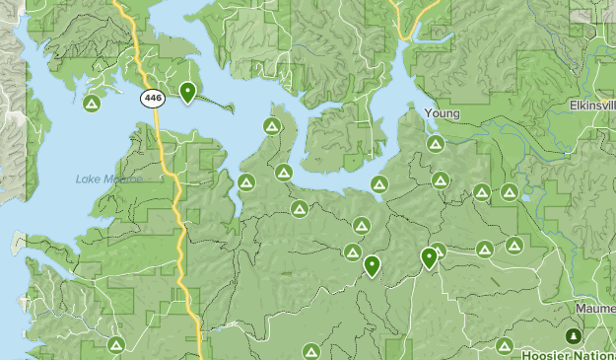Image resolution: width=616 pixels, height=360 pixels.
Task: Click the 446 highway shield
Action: (x=152, y=98)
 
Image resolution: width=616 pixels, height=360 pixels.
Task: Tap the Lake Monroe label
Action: (x=108, y=180)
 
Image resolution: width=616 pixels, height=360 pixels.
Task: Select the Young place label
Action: (x=442, y=113)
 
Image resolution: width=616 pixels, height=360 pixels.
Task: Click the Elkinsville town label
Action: (x=591, y=106)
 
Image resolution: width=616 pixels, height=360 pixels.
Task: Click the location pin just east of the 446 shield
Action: (x=187, y=93)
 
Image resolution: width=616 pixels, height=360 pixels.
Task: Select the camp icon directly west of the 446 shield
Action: (x=92, y=104)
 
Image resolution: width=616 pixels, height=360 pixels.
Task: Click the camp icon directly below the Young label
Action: (x=436, y=144)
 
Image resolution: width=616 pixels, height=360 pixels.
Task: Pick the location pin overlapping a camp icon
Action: (x=429, y=257)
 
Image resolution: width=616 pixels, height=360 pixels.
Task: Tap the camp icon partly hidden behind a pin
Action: (x=440, y=251)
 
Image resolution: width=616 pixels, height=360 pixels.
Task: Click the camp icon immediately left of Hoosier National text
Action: (x=505, y=346)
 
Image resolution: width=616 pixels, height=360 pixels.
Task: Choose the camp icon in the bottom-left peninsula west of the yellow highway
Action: (x=116, y=344)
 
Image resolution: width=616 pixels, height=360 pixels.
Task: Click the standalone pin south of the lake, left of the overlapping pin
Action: (x=372, y=265)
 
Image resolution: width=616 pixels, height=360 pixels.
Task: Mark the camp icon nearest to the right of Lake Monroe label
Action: (x=245, y=182)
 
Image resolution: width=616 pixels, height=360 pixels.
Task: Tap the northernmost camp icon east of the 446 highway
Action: (x=271, y=126)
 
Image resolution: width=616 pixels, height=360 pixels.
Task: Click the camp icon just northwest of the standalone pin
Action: (x=352, y=252)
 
